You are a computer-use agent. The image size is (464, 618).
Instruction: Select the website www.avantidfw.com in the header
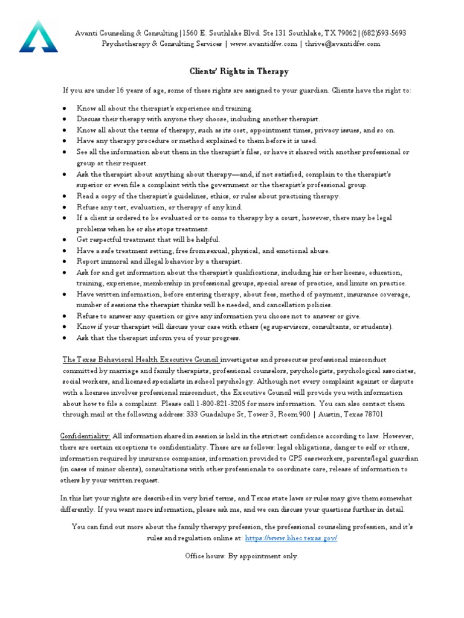click(x=263, y=44)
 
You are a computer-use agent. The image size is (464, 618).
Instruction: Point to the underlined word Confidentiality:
click(x=85, y=436)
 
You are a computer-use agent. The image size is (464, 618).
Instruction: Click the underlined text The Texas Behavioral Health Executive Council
click(x=140, y=360)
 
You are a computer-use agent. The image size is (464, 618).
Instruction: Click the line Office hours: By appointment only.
click(x=241, y=556)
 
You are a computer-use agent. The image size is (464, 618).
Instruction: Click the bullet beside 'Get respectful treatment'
click(x=65, y=240)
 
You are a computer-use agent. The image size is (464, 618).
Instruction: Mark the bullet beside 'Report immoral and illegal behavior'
click(x=65, y=262)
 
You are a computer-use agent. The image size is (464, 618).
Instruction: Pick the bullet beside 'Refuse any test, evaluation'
click(x=65, y=207)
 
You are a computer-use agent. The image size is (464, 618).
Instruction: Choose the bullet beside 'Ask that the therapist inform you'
click(x=65, y=338)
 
